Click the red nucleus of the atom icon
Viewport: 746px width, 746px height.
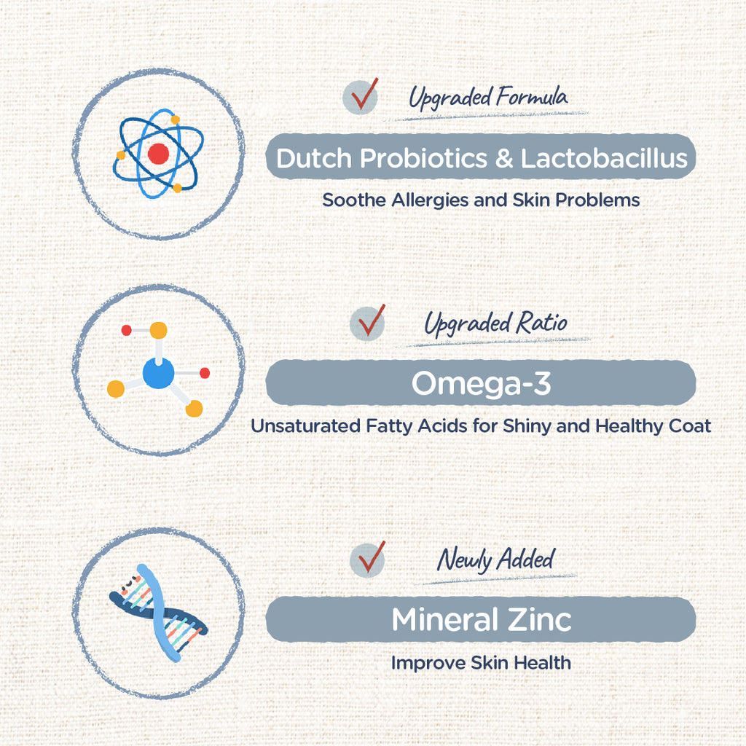[158, 154]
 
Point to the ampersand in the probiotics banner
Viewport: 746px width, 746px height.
[503, 158]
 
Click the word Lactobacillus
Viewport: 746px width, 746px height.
[604, 158]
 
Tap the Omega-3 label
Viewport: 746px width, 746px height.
[481, 383]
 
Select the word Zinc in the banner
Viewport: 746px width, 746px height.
[539, 619]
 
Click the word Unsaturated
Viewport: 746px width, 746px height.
[305, 425]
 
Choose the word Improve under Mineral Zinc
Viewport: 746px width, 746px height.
[428, 663]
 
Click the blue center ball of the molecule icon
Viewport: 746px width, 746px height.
[158, 374]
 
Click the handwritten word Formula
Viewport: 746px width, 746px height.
[531, 97]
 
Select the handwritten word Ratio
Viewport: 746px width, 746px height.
[541, 322]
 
